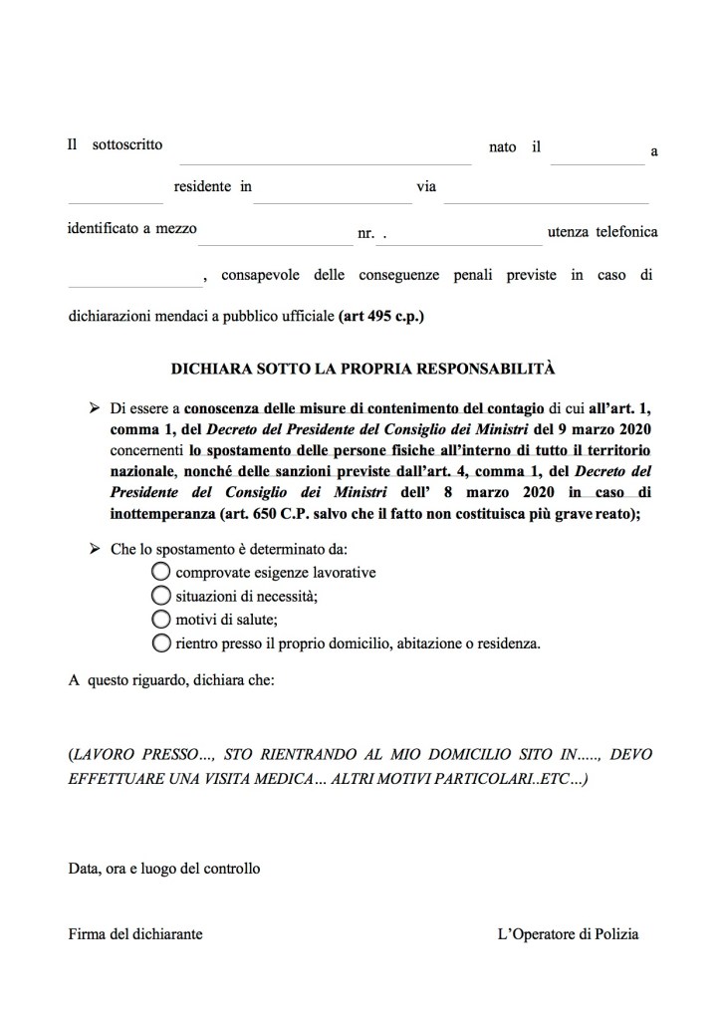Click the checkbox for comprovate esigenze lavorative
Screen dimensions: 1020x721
[161, 572]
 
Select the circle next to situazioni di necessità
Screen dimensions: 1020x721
[161, 596]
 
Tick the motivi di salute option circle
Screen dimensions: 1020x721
[161, 619]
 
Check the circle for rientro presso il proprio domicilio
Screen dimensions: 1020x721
[161, 642]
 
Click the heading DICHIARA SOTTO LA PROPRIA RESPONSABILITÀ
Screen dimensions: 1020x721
[363, 368]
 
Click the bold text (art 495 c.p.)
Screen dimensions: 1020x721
[381, 318]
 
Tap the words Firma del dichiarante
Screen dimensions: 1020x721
[135, 934]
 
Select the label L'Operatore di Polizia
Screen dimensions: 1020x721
[568, 934]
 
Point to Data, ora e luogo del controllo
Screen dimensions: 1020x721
[164, 868]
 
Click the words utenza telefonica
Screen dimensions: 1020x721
[602, 231]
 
